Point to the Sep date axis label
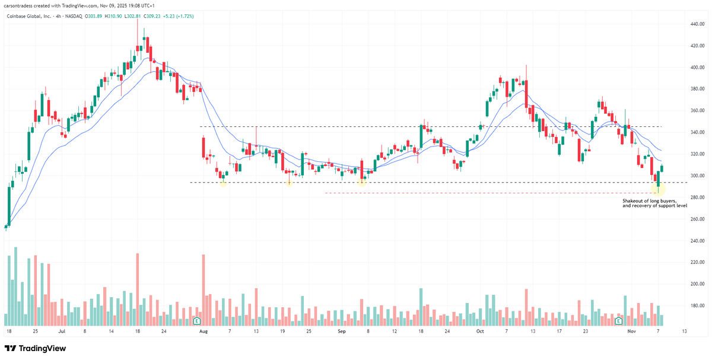[x=342, y=331]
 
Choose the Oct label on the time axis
[x=481, y=331]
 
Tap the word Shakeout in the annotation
[x=633, y=201]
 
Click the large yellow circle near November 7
[x=658, y=189]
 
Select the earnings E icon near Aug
[x=196, y=321]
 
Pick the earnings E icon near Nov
[x=619, y=321]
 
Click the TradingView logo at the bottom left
[x=36, y=349]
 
